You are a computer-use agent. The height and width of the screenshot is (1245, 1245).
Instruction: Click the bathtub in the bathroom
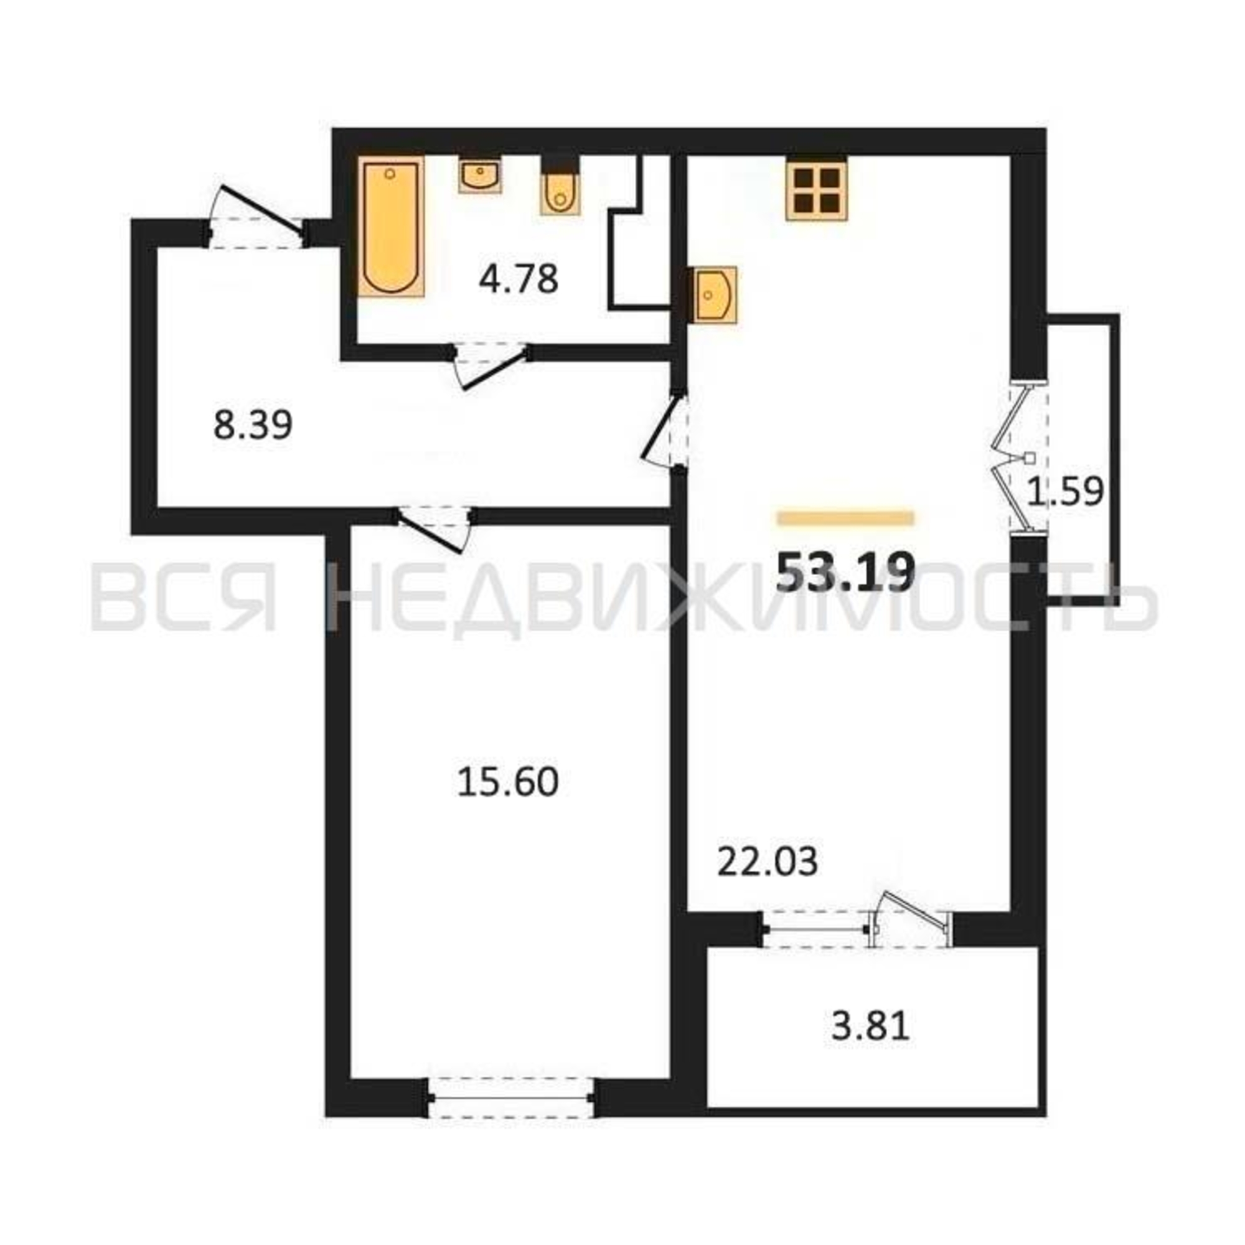coord(391,226)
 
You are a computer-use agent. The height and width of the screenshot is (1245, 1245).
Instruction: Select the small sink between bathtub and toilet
coord(479,175)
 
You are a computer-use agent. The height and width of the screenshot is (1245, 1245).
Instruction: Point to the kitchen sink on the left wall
coord(714,294)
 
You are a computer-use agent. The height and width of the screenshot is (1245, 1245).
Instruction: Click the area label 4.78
coord(518,280)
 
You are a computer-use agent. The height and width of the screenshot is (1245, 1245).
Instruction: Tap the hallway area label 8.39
coord(253,425)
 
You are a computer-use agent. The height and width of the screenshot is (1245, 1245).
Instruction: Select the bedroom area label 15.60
coord(508,783)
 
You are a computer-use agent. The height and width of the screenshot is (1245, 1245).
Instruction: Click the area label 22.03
coord(768,862)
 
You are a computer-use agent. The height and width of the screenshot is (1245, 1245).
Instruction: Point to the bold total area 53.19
coord(845,572)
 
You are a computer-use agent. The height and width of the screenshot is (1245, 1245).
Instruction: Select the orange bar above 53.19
coord(845,518)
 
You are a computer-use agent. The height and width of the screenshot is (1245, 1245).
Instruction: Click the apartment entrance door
coord(257,217)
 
